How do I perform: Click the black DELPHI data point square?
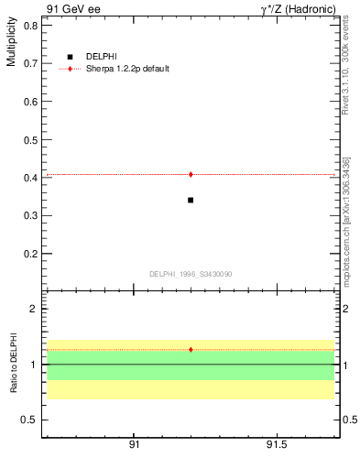pos(191,200)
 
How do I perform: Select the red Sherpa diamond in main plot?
pos(191,174)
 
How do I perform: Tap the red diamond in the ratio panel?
pos(191,349)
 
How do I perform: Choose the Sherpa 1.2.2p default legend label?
pos(127,69)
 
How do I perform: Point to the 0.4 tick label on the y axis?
pos(29,178)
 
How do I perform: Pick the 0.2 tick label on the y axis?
pos(29,254)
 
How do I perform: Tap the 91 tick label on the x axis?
pos(134,444)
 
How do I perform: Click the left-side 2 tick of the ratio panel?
pos(33,309)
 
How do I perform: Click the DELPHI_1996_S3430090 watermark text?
pos(191,274)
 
